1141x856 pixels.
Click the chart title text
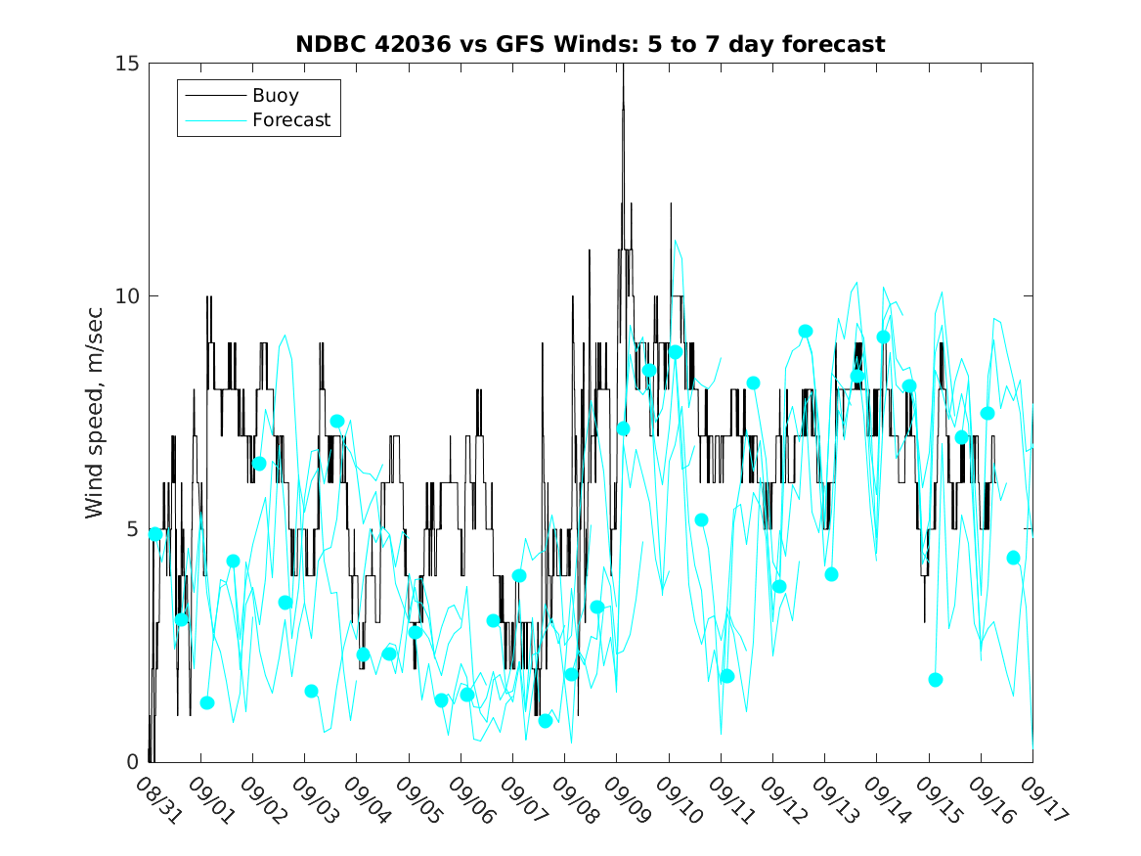pyautogui.click(x=591, y=44)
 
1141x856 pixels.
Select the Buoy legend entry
pyautogui.click(x=275, y=96)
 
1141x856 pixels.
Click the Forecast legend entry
pyautogui.click(x=290, y=120)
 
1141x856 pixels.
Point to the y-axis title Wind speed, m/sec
pyautogui.click(x=94, y=412)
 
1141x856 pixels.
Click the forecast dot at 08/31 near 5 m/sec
pyautogui.click(x=155, y=534)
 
